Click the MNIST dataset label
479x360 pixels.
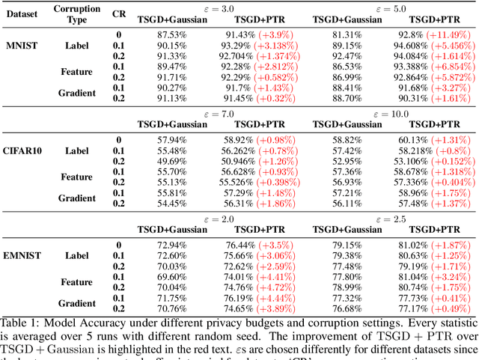22,46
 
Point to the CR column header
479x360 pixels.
119,13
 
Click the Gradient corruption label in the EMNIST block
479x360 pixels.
77,303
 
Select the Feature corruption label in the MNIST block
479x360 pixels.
77,72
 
